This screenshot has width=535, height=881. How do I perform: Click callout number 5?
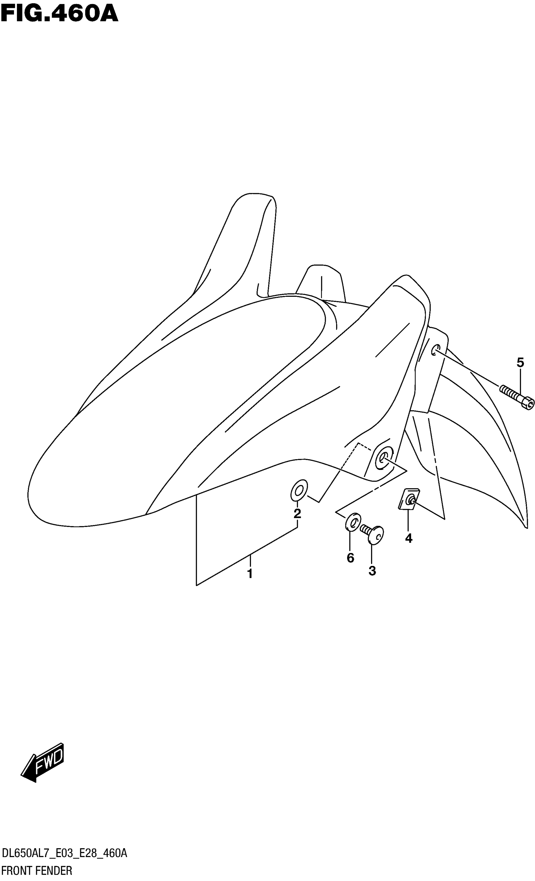520,363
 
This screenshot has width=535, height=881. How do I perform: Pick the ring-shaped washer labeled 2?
299,490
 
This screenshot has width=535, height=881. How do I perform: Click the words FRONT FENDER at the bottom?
37,871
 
